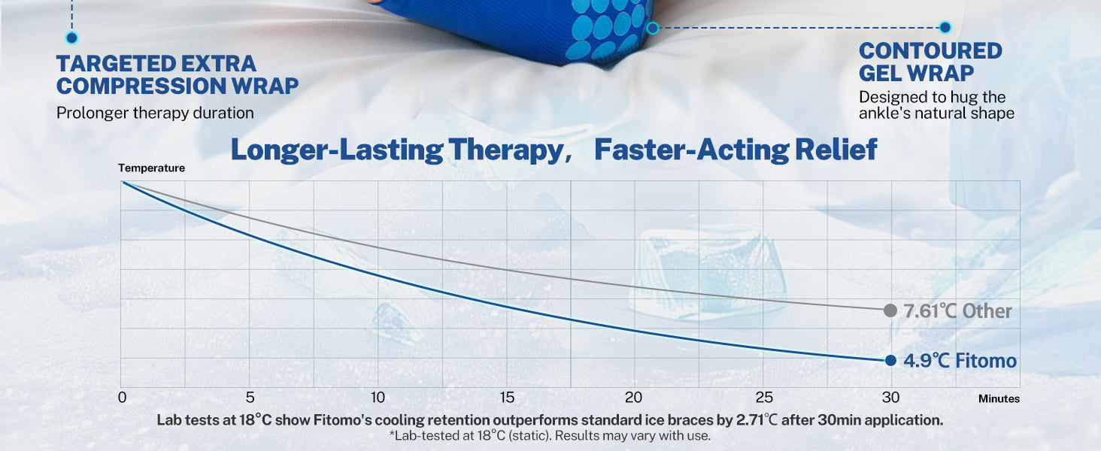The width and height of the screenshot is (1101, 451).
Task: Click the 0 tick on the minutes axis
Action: [123, 397]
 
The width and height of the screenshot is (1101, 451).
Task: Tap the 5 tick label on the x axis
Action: [250, 397]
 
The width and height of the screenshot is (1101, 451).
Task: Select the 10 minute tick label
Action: [378, 397]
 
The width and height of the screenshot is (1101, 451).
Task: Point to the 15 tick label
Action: [507, 397]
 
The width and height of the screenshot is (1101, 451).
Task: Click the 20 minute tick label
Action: [633, 397]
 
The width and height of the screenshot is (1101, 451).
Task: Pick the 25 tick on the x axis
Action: [764, 397]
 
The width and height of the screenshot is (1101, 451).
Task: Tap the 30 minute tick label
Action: [890, 397]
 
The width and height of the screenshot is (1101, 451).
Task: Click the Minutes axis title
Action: [999, 398]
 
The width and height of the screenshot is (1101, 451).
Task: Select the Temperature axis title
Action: [151, 168]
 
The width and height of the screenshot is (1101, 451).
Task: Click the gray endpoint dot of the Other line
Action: [890, 310]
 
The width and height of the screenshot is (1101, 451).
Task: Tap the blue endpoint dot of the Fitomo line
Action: [890, 361]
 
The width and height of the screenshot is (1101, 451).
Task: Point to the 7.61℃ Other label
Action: [957, 311]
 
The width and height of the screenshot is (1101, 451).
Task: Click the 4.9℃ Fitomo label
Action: [960, 361]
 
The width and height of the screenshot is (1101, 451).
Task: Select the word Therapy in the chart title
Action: [505, 150]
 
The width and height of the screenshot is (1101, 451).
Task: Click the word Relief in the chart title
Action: [836, 150]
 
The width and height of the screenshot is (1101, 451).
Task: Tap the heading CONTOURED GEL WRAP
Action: [930, 62]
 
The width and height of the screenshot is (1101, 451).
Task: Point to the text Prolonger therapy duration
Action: [155, 113]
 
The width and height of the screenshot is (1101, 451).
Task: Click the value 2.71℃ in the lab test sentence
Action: [757, 420]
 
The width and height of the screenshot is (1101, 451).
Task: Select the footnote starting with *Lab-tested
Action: [550, 436]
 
